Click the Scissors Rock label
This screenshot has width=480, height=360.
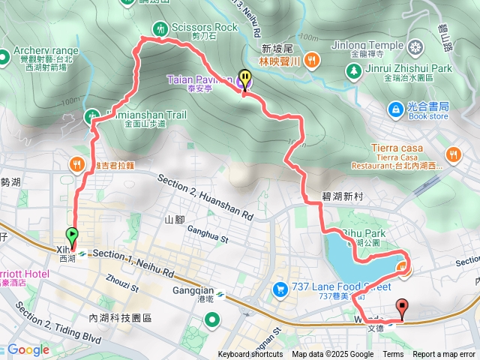[x=204, y=28]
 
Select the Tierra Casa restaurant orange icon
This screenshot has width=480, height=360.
[x=452, y=155]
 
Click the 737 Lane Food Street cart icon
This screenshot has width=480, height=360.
[x=280, y=288]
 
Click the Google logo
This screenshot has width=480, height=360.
[x=28, y=349]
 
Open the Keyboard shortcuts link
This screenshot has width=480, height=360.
[x=250, y=355]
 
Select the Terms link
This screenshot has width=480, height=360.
[x=393, y=355]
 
